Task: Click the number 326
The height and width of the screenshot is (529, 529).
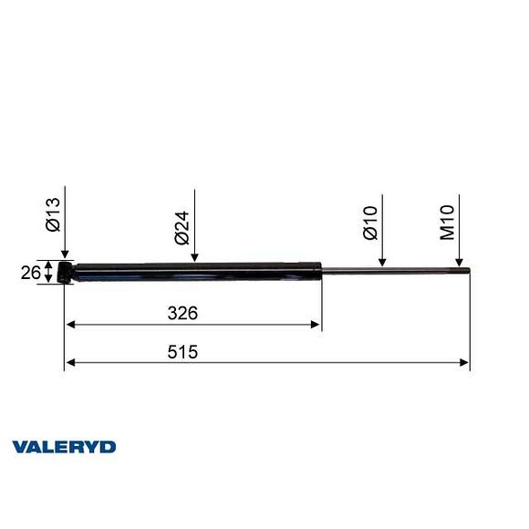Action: pos(183,313)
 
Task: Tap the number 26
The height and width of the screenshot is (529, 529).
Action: pos(30,272)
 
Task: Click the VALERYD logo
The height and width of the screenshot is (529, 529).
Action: pos(64,447)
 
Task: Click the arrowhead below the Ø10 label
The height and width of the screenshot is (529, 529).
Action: pos(383,263)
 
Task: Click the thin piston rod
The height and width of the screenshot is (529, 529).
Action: pos(392,269)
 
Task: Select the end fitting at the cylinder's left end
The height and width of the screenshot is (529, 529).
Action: pos(67,271)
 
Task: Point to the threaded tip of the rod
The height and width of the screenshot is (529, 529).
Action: pos(464,269)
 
